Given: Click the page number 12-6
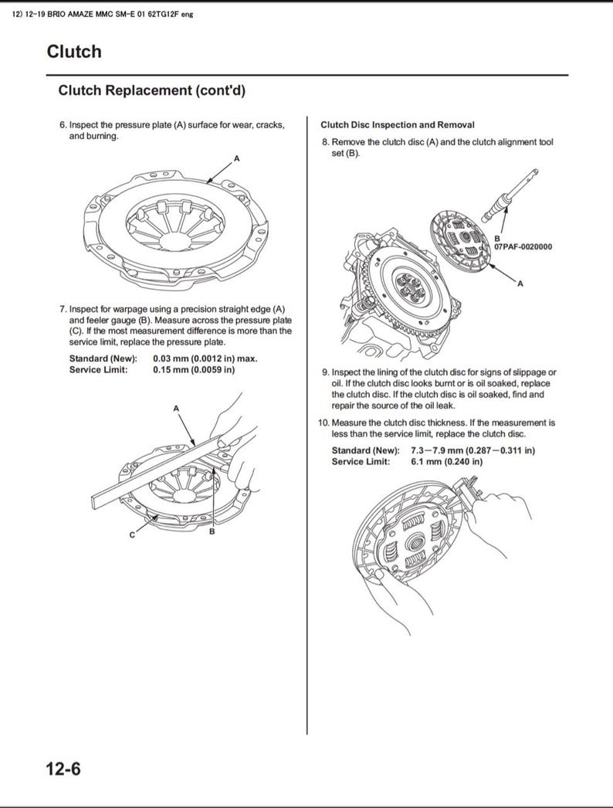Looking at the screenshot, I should pyautogui.click(x=63, y=769).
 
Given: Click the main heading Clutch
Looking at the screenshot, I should pyautogui.click(x=74, y=52).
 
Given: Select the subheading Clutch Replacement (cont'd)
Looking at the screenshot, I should pyautogui.click(x=151, y=90).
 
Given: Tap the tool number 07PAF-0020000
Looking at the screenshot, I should pyautogui.click(x=523, y=247).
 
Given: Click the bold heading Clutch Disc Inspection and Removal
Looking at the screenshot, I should pyautogui.click(x=397, y=124).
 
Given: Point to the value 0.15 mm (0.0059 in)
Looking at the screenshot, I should pyautogui.click(x=194, y=369).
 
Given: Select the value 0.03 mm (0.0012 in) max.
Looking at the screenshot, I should pyautogui.click(x=205, y=358).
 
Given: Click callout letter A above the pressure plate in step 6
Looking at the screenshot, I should pyautogui.click(x=237, y=158).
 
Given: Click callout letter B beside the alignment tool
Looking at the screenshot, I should pyautogui.click(x=497, y=239).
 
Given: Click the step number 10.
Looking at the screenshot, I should pyautogui.click(x=323, y=423).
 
